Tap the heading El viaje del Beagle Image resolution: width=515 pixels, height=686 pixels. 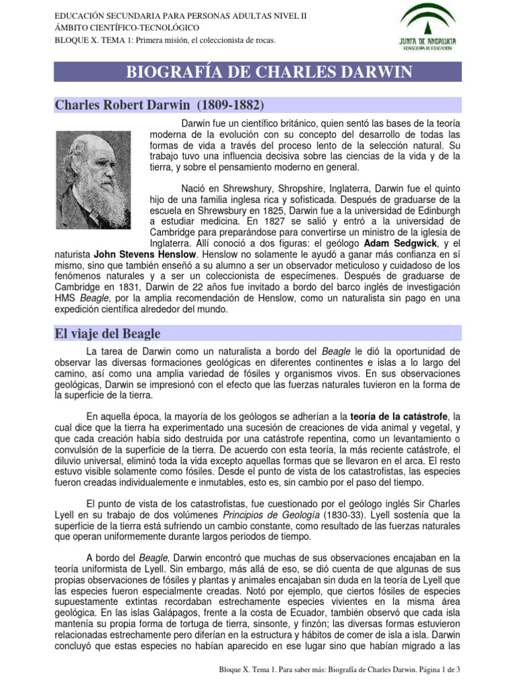point(108,333)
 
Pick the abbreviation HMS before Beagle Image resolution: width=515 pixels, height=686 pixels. point(64,298)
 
